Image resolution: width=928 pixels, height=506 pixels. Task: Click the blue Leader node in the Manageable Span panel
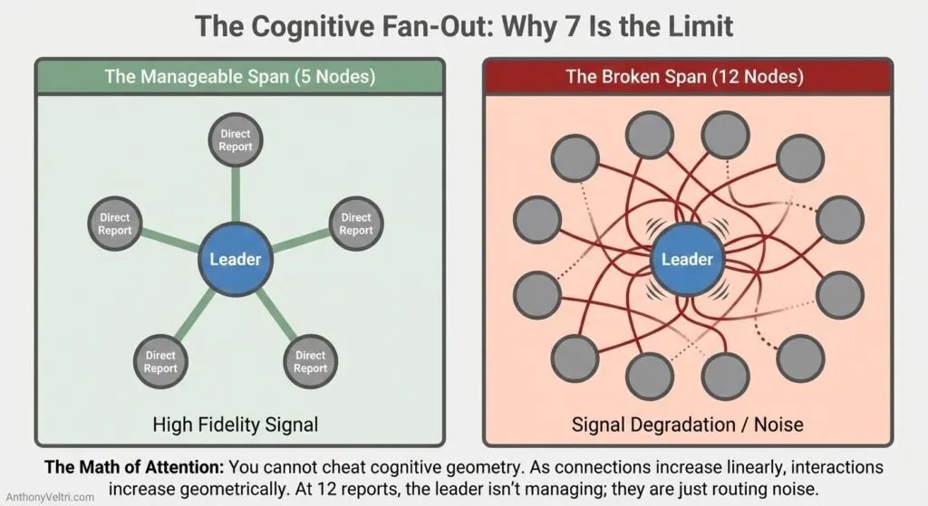point(235,260)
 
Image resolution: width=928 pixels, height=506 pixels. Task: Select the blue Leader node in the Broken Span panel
point(687,260)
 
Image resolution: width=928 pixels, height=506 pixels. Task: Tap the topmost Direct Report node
point(236,139)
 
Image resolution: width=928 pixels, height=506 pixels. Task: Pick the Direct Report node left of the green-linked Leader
point(115,224)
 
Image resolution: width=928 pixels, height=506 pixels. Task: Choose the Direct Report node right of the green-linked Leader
point(355,224)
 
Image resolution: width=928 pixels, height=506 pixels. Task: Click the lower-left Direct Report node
point(160,362)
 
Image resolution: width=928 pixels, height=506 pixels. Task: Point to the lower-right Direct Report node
point(310,362)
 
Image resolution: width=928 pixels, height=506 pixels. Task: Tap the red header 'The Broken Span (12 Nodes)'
point(684,76)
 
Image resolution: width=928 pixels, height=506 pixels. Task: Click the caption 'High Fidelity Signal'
point(235,423)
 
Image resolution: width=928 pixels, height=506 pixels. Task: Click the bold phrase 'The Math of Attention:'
point(136,468)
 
